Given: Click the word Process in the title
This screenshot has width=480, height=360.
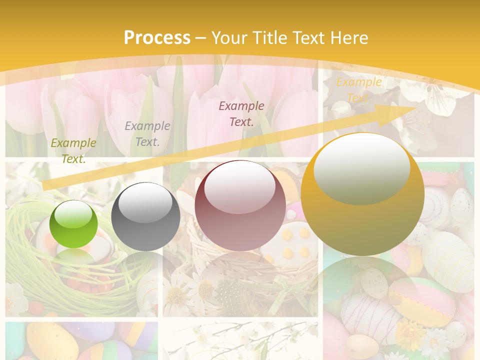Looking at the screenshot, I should click(x=157, y=38).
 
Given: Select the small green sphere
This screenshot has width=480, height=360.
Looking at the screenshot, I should click(x=73, y=224).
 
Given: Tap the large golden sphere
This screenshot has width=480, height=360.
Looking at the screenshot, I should click(x=362, y=195).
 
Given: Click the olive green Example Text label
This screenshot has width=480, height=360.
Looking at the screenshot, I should click(x=73, y=150).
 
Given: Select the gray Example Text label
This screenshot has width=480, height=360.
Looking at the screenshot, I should click(x=147, y=133).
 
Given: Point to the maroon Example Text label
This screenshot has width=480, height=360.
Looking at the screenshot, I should click(x=241, y=113).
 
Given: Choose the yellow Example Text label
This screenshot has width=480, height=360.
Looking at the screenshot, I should click(x=358, y=89).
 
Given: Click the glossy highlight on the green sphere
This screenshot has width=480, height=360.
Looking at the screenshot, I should click(x=73, y=214).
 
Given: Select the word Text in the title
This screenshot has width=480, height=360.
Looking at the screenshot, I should click(x=308, y=38).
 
